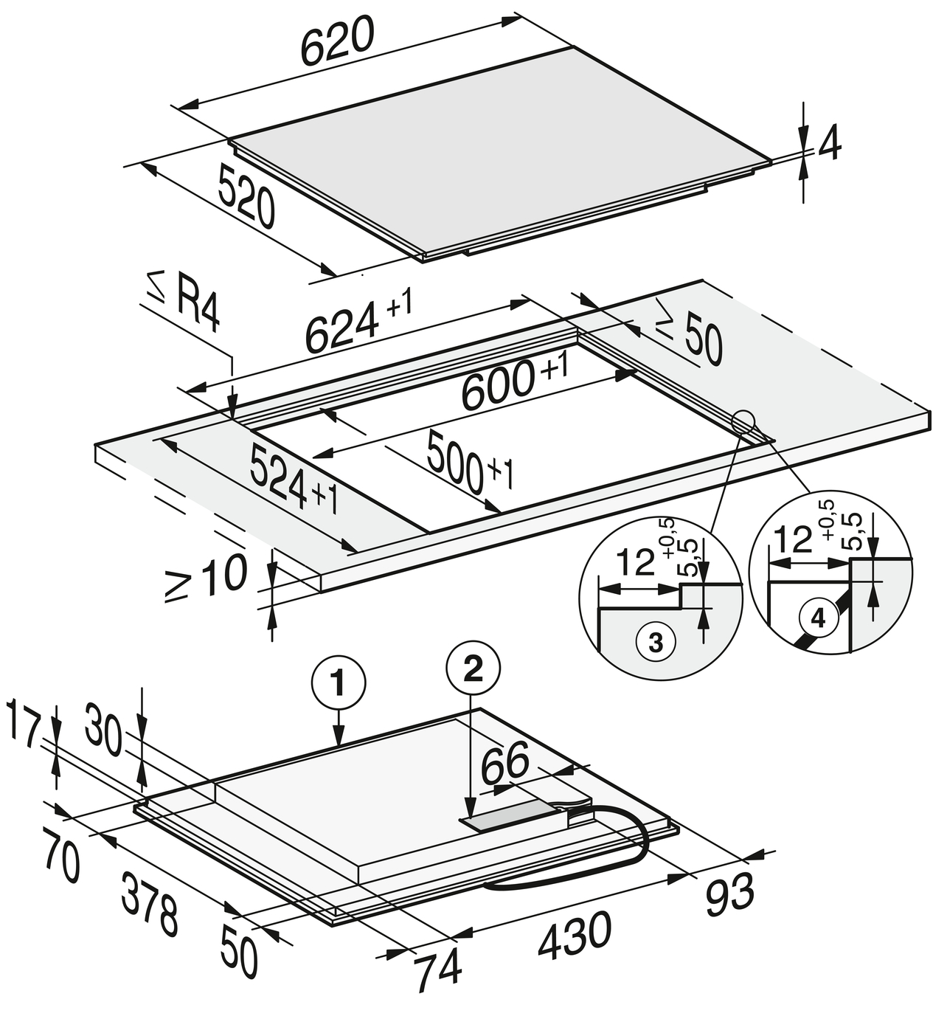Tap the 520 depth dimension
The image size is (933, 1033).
coord(246,196)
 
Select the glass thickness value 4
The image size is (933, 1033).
coord(829,145)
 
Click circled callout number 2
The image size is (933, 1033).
coord(473,669)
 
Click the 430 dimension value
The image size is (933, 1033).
coord(575,936)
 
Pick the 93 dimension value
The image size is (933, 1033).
coord(730,894)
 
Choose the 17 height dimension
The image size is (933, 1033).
coord(22,724)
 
